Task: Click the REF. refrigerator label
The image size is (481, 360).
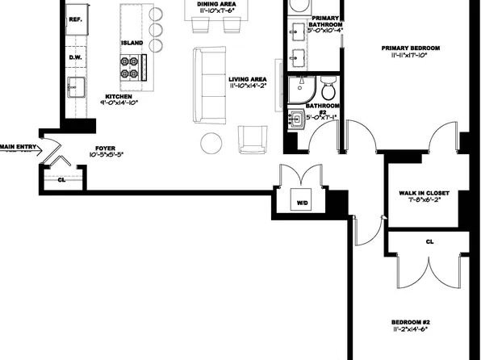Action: pyautogui.click(x=76, y=19)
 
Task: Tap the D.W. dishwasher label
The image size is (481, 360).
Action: pyautogui.click(x=76, y=57)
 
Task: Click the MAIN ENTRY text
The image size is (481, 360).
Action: pyautogui.click(x=17, y=146)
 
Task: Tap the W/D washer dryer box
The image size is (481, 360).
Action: pyautogui.click(x=302, y=202)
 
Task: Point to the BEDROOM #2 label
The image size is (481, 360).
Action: pyautogui.click(x=410, y=320)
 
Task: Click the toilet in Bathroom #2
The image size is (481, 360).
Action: pyautogui.click(x=327, y=87)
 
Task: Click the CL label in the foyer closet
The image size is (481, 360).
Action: pyautogui.click(x=61, y=179)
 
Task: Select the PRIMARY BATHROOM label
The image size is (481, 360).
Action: pyautogui.click(x=325, y=23)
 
